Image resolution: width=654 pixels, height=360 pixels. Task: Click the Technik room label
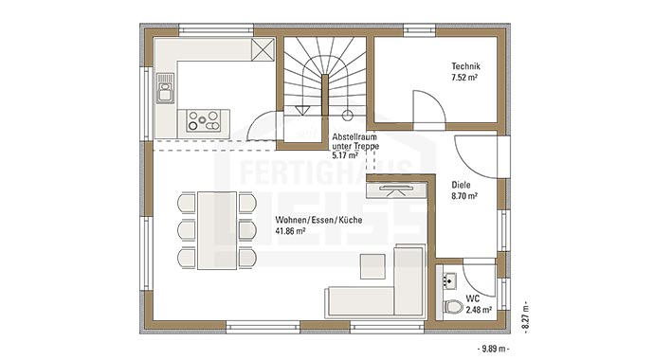pyautogui.click(x=464, y=66)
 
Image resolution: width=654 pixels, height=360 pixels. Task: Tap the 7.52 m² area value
pyautogui.click(x=463, y=78)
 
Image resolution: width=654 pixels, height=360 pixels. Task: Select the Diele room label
pyautogui.click(x=462, y=185)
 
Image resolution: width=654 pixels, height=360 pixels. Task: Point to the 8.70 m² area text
pyautogui.click(x=463, y=196)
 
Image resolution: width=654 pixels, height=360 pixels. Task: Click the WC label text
pyautogui.click(x=472, y=297)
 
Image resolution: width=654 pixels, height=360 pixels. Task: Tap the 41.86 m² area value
pyautogui.click(x=289, y=230)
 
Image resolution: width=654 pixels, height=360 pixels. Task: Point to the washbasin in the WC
pyautogui.click(x=449, y=279)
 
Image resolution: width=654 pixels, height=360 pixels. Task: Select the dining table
pyautogui.click(x=218, y=230)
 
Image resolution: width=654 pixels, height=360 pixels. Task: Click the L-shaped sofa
pyautogui.click(x=379, y=289)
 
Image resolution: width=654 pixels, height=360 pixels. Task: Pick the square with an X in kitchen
pyautogui.click(x=263, y=50)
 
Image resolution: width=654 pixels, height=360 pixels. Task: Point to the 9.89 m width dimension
pyautogui.click(x=493, y=349)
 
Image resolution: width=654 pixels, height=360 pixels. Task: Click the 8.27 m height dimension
pyautogui.click(x=523, y=309)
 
